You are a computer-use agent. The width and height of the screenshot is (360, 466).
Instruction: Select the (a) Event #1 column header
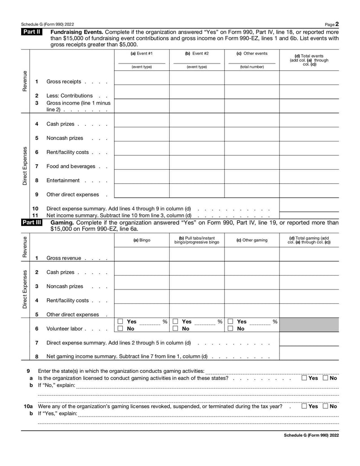point(141,54)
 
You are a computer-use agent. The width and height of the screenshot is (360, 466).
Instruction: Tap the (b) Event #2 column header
point(197,54)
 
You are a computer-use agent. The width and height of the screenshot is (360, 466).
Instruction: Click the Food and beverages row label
point(71,167)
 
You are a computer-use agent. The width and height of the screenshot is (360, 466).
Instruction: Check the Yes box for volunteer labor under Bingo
point(120,321)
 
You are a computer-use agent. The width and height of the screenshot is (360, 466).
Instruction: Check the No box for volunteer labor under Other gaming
point(230,329)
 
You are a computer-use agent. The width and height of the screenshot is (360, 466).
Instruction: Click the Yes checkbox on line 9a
point(305,378)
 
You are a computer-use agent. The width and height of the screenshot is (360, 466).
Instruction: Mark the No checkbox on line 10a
point(325,406)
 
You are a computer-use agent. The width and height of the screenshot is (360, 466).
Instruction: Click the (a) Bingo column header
point(141,240)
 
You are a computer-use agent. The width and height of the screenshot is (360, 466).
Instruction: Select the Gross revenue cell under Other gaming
point(252,254)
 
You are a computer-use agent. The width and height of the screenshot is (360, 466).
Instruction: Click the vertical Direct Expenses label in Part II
point(25,166)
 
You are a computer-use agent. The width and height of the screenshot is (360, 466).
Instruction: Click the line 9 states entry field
point(271,371)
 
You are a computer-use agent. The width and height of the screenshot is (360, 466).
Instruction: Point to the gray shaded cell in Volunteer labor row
point(309,325)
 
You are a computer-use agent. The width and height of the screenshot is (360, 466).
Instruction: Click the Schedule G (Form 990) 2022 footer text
point(311,435)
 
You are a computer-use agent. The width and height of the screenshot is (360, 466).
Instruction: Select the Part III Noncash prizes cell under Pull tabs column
point(197,283)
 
